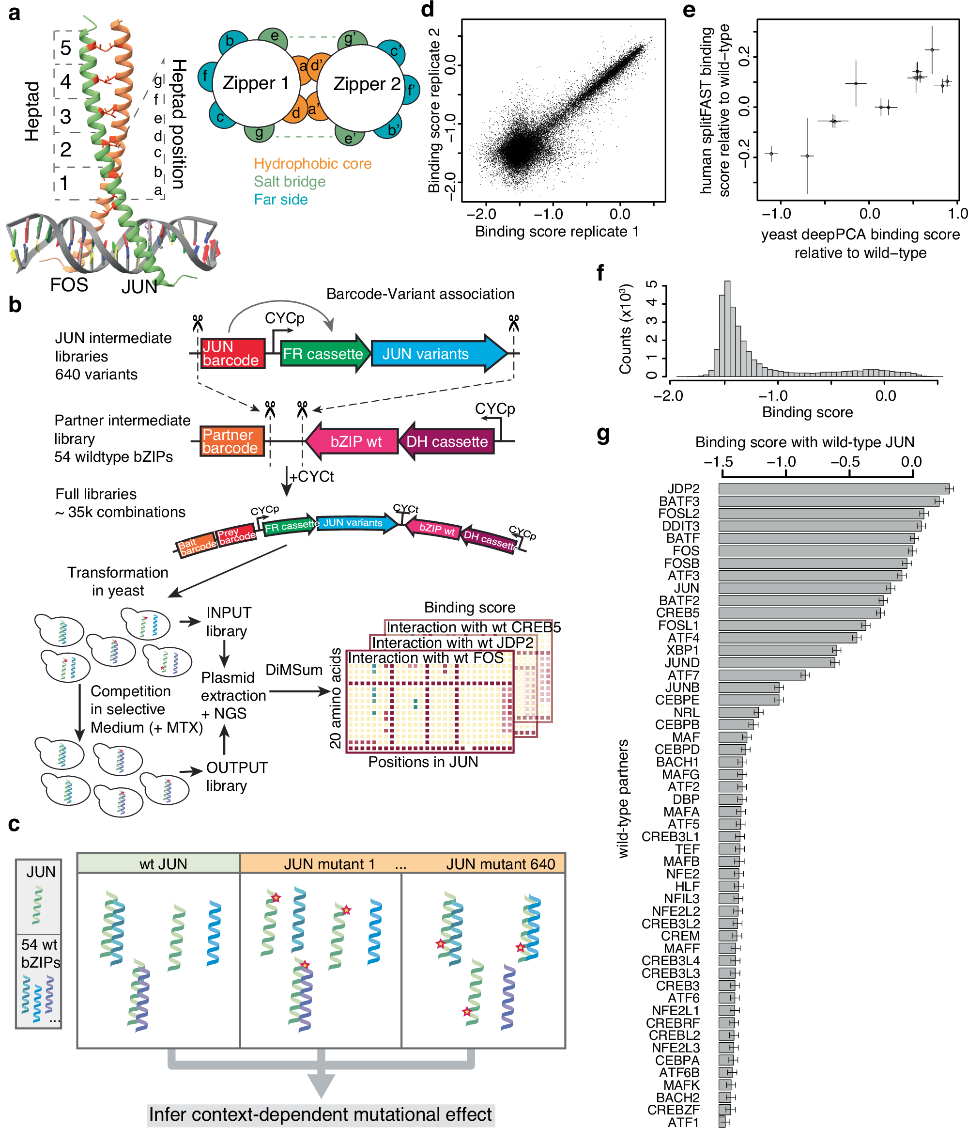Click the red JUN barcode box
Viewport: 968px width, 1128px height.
[x=232, y=353]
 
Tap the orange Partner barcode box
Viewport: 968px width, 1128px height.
[x=231, y=441]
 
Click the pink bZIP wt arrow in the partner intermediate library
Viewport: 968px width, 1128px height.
[x=353, y=441]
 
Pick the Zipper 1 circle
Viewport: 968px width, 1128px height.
[x=255, y=83]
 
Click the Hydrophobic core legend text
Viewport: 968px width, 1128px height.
[x=312, y=164]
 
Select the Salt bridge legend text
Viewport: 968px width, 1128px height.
[x=290, y=182]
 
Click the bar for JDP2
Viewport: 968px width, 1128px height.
[x=832, y=488]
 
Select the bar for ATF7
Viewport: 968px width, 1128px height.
[x=761, y=675]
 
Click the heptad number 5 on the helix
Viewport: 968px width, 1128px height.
[x=65, y=48]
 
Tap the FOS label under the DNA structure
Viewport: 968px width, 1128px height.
[x=69, y=285]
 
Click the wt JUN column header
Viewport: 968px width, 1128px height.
[x=163, y=864]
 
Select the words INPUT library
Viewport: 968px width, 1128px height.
[x=228, y=622]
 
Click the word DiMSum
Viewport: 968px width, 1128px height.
[x=294, y=670]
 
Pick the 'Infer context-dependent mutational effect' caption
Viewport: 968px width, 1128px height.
[x=321, y=1114]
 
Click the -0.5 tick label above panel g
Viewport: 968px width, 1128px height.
[x=845, y=462]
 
